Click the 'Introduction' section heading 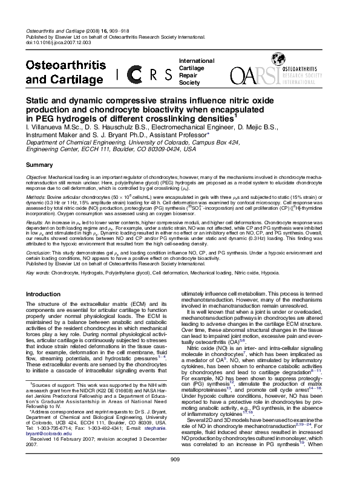(46, 294)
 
